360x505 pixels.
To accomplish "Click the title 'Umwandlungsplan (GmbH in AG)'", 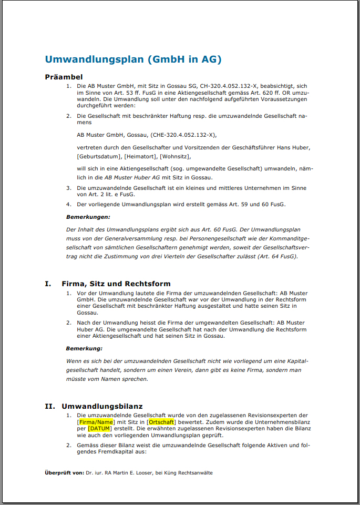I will pos(133,59).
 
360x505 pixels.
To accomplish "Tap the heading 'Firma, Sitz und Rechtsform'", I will pos(116,284).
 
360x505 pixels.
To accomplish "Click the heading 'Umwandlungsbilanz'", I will pos(102,406).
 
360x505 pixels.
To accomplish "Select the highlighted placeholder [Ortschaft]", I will pos(161,422).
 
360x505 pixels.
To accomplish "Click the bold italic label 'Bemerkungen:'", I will pos(88,217).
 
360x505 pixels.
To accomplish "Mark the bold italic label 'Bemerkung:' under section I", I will pos(84,348).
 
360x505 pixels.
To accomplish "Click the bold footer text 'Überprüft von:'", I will pos(64,473).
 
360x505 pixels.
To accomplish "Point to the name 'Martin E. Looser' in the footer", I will pos(132,473).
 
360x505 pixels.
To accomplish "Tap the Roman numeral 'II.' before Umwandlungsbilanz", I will pos(50,406).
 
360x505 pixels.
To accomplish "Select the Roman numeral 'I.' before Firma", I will pos(48,284).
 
